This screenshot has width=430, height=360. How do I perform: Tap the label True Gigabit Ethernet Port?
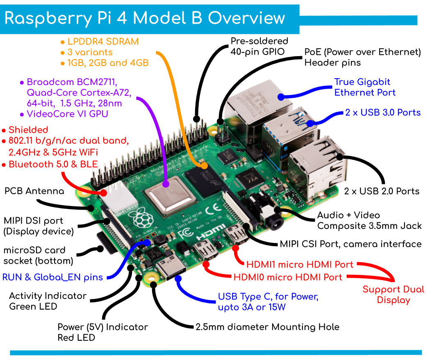click(365, 87)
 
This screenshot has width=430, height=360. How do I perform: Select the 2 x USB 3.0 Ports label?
click(383, 112)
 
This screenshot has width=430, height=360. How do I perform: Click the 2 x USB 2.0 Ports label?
click(382, 191)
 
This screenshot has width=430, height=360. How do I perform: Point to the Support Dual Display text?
click(393, 294)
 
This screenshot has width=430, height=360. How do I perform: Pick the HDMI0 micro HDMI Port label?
click(287, 277)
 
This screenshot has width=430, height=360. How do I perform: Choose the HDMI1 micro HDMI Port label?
click(300, 265)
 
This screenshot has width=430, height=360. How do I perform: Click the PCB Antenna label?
click(34, 191)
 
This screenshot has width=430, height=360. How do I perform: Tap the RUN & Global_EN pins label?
click(52, 277)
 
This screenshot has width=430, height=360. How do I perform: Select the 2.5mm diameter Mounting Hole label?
click(267, 327)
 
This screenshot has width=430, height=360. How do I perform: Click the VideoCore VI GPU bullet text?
click(67, 114)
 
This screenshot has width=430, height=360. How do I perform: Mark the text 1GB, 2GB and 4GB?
click(104, 63)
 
